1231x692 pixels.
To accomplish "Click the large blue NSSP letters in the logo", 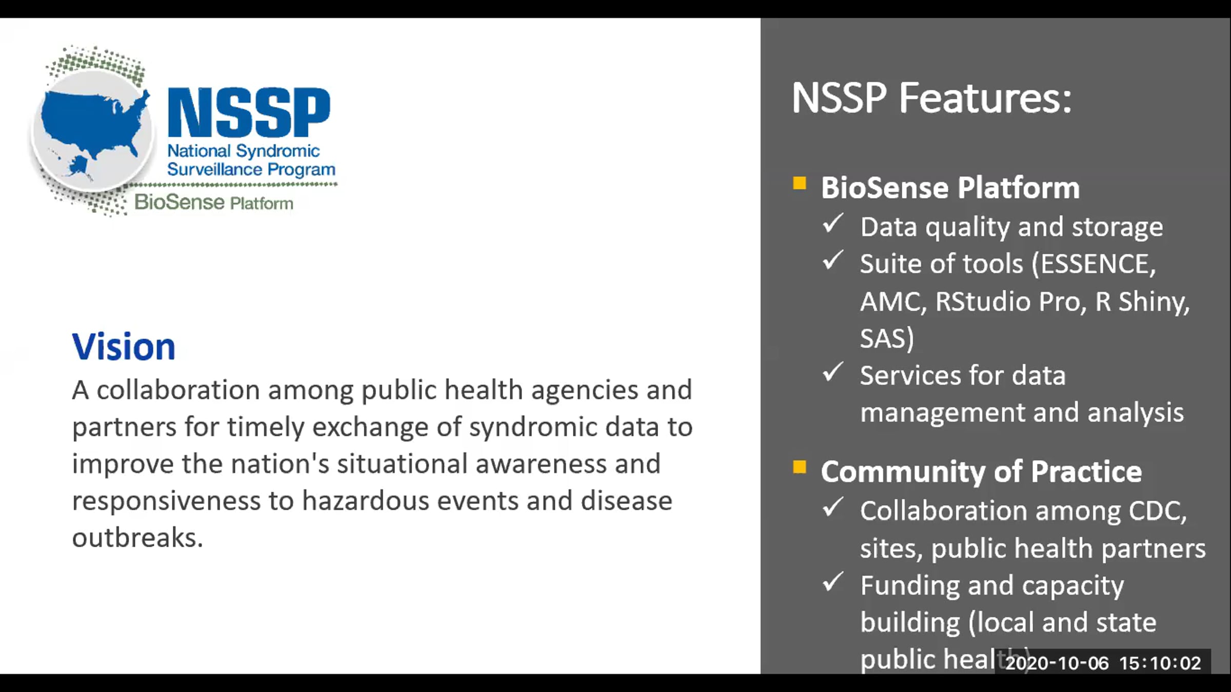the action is coord(249,112).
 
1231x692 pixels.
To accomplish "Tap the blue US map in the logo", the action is coord(92,126).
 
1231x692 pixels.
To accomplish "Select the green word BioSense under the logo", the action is coord(179,202).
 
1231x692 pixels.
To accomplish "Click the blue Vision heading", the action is coord(124,347).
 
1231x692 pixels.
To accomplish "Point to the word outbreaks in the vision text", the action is coord(137,538).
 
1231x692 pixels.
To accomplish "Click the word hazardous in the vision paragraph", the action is coord(365,501).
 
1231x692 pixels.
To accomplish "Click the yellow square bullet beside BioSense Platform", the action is coord(799,183).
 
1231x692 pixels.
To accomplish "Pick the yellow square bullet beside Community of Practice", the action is coord(799,467).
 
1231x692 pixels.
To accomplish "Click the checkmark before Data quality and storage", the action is coord(832,224).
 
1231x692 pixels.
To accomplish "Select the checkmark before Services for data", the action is coord(832,372).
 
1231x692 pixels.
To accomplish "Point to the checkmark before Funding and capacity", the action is coord(832,582).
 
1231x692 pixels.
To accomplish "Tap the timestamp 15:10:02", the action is coord(1160,663).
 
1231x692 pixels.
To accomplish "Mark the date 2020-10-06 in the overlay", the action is coord(1057,663).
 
